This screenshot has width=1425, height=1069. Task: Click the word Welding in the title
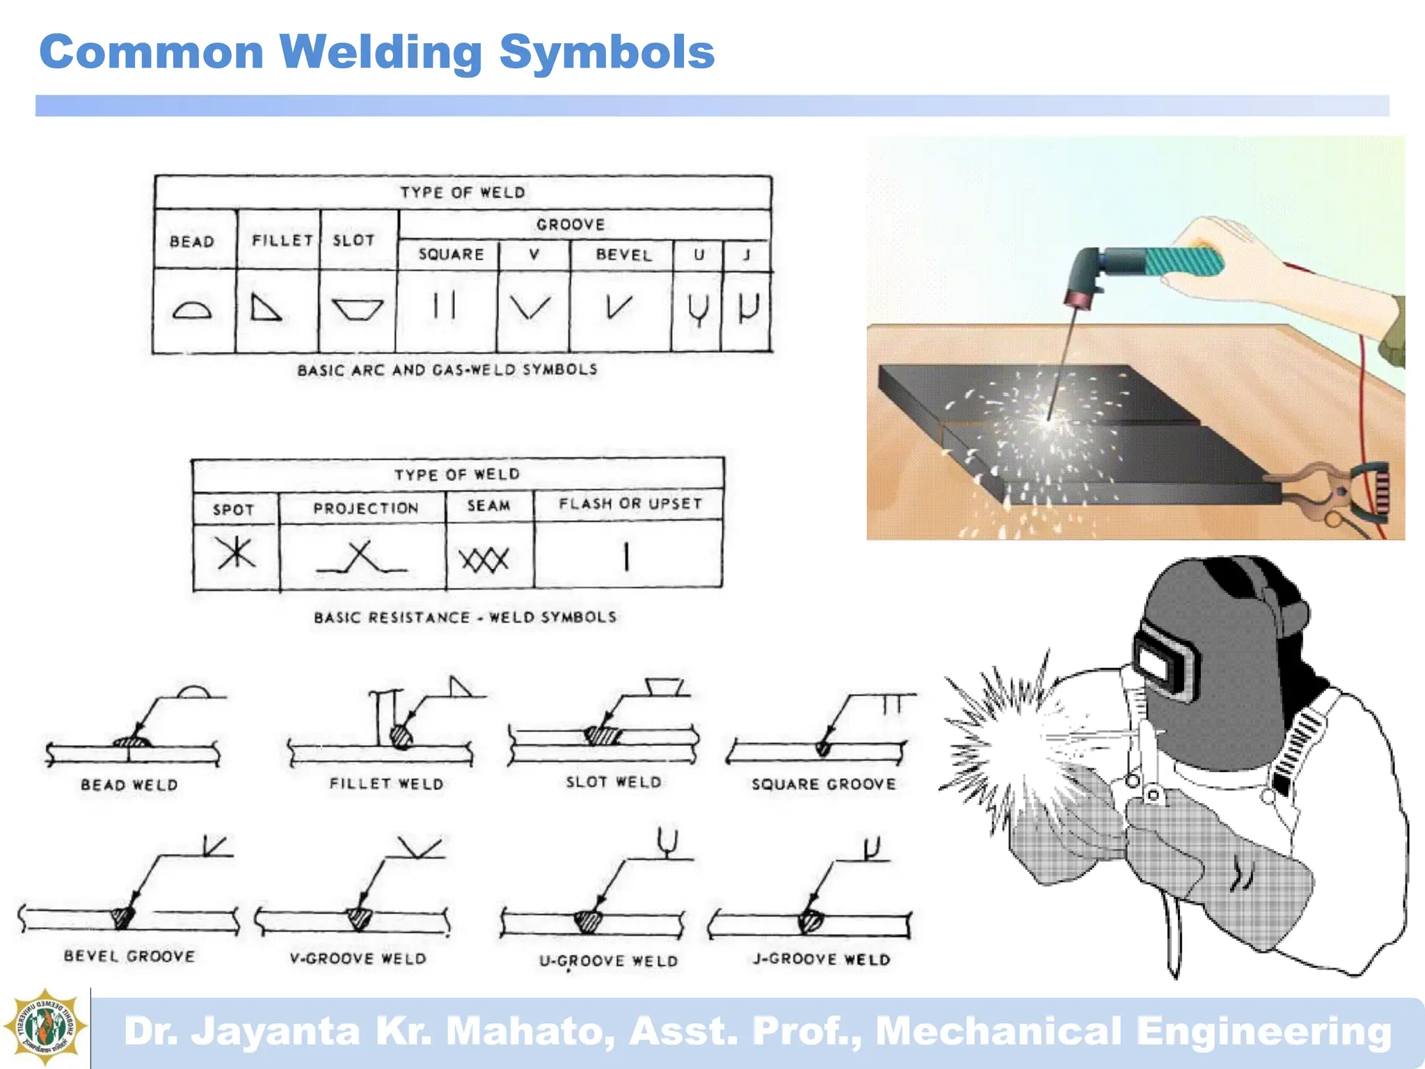tap(381, 53)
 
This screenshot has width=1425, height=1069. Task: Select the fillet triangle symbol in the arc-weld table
tap(265, 307)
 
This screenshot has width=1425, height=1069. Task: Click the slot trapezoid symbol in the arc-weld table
tap(358, 309)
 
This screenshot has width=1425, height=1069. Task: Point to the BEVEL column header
tap(623, 255)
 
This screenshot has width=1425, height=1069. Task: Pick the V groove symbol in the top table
tap(530, 307)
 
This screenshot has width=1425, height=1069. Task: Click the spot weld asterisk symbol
tap(236, 554)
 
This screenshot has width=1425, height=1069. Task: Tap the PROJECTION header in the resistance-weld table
tap(365, 508)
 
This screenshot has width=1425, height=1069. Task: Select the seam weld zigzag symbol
tap(484, 559)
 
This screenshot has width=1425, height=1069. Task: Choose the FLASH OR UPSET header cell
tap(630, 503)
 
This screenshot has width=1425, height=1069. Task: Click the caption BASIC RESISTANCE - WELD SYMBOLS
tap(465, 617)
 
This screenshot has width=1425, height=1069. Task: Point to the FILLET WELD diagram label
tap(386, 784)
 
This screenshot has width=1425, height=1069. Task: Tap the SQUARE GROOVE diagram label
tap(823, 784)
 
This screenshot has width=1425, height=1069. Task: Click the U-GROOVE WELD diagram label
tap(608, 961)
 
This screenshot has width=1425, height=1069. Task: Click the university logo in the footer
tap(45, 1027)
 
